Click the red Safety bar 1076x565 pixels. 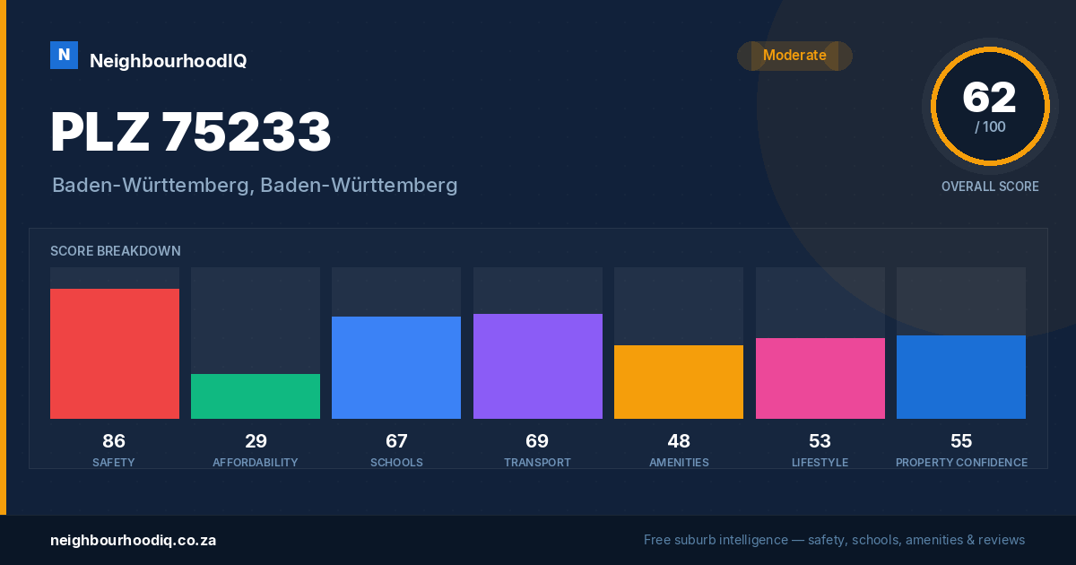[115, 353]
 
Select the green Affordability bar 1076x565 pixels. [256, 396]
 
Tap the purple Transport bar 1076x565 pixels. [537, 366]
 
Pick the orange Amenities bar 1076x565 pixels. [679, 382]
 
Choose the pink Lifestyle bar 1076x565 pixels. [820, 378]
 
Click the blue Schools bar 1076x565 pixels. [396, 368]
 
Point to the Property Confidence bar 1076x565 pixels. [961, 378]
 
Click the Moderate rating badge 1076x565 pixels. [795, 56]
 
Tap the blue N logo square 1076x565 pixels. [64, 56]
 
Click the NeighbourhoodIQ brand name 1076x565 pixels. [169, 61]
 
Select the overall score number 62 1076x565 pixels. [990, 98]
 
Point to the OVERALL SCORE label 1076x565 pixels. [990, 187]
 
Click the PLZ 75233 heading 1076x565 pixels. [191, 132]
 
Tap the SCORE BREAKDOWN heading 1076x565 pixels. [116, 251]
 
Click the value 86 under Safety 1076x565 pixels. [114, 441]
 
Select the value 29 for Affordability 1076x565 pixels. [256, 441]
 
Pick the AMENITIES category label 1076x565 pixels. [680, 462]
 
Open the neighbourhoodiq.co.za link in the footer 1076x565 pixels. [133, 540]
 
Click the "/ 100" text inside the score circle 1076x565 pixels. [990, 126]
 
